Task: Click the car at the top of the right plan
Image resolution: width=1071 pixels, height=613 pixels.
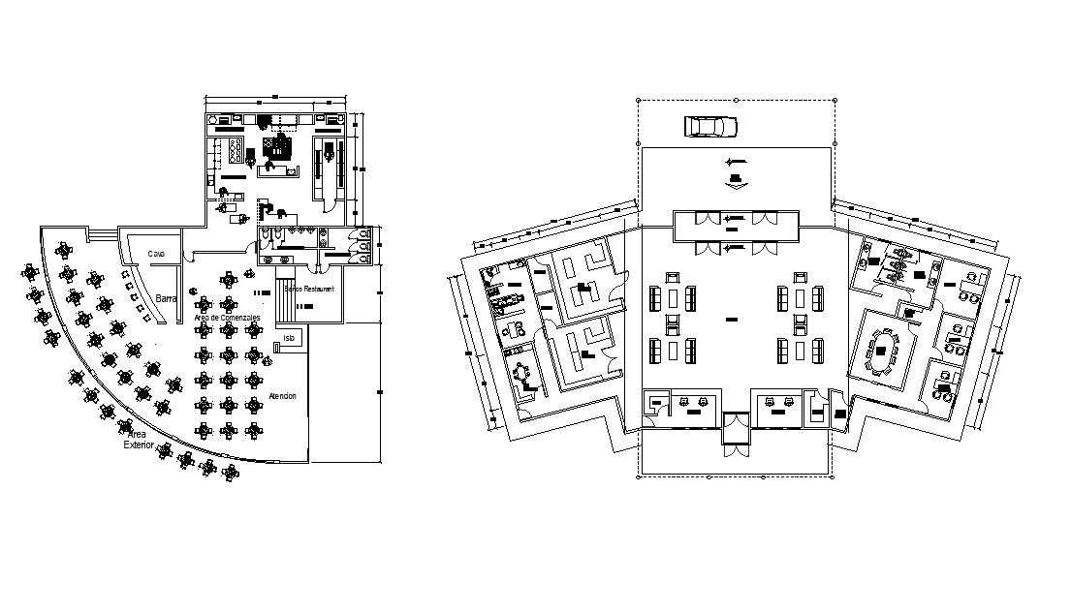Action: pyautogui.click(x=710, y=127)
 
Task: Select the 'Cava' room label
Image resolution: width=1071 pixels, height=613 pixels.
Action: pyautogui.click(x=156, y=255)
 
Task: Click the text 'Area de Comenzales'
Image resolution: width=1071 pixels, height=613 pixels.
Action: pyautogui.click(x=227, y=318)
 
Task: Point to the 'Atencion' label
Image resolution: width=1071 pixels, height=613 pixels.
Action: pyautogui.click(x=282, y=397)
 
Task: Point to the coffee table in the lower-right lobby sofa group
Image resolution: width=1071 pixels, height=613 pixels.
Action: pyautogui.click(x=801, y=350)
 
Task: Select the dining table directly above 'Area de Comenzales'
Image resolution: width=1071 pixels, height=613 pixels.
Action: pyautogui.click(x=228, y=281)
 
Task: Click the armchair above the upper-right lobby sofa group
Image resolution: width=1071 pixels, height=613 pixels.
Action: pyautogui.click(x=801, y=280)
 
